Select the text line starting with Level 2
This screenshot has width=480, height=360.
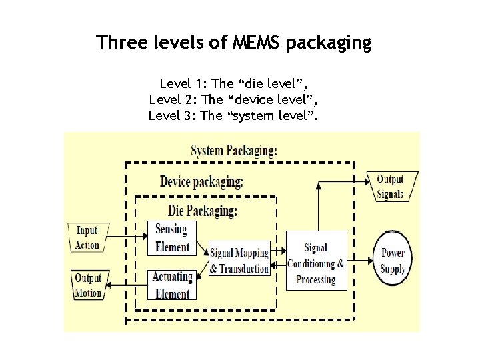[233, 100]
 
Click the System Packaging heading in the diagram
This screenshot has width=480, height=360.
[233, 150]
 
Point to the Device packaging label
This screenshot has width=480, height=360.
[201, 181]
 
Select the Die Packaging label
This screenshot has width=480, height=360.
[203, 211]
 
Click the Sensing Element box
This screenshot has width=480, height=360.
[172, 237]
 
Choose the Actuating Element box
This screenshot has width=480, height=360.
[171, 285]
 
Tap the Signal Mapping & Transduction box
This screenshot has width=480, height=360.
[239, 260]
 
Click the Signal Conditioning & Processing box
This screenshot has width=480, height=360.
[315, 260]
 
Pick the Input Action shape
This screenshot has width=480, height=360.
[87, 238]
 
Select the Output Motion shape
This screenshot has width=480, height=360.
[87, 285]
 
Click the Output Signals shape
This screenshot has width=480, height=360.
[391, 187]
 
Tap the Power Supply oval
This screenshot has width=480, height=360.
[393, 261]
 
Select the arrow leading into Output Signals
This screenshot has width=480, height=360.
[343, 180]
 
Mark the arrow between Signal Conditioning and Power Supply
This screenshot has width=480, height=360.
[360, 259]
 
